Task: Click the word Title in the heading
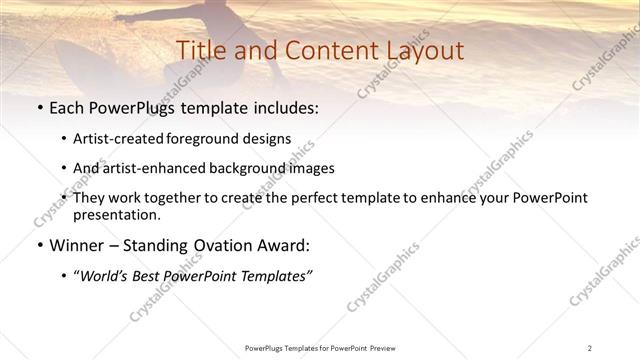click(x=200, y=50)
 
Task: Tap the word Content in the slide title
click(x=326, y=50)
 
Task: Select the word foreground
click(x=205, y=139)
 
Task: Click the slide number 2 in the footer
click(x=590, y=347)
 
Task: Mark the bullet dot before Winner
click(x=39, y=246)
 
